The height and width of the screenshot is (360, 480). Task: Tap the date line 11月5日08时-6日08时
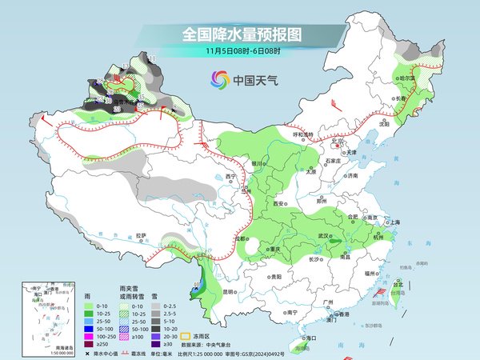pos(241,50)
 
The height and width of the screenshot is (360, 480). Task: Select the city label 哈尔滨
pos(408,78)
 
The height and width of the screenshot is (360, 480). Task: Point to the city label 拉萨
pos(141,236)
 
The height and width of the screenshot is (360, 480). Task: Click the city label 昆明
pos(230,291)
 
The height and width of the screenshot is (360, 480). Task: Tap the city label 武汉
pos(324,235)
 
